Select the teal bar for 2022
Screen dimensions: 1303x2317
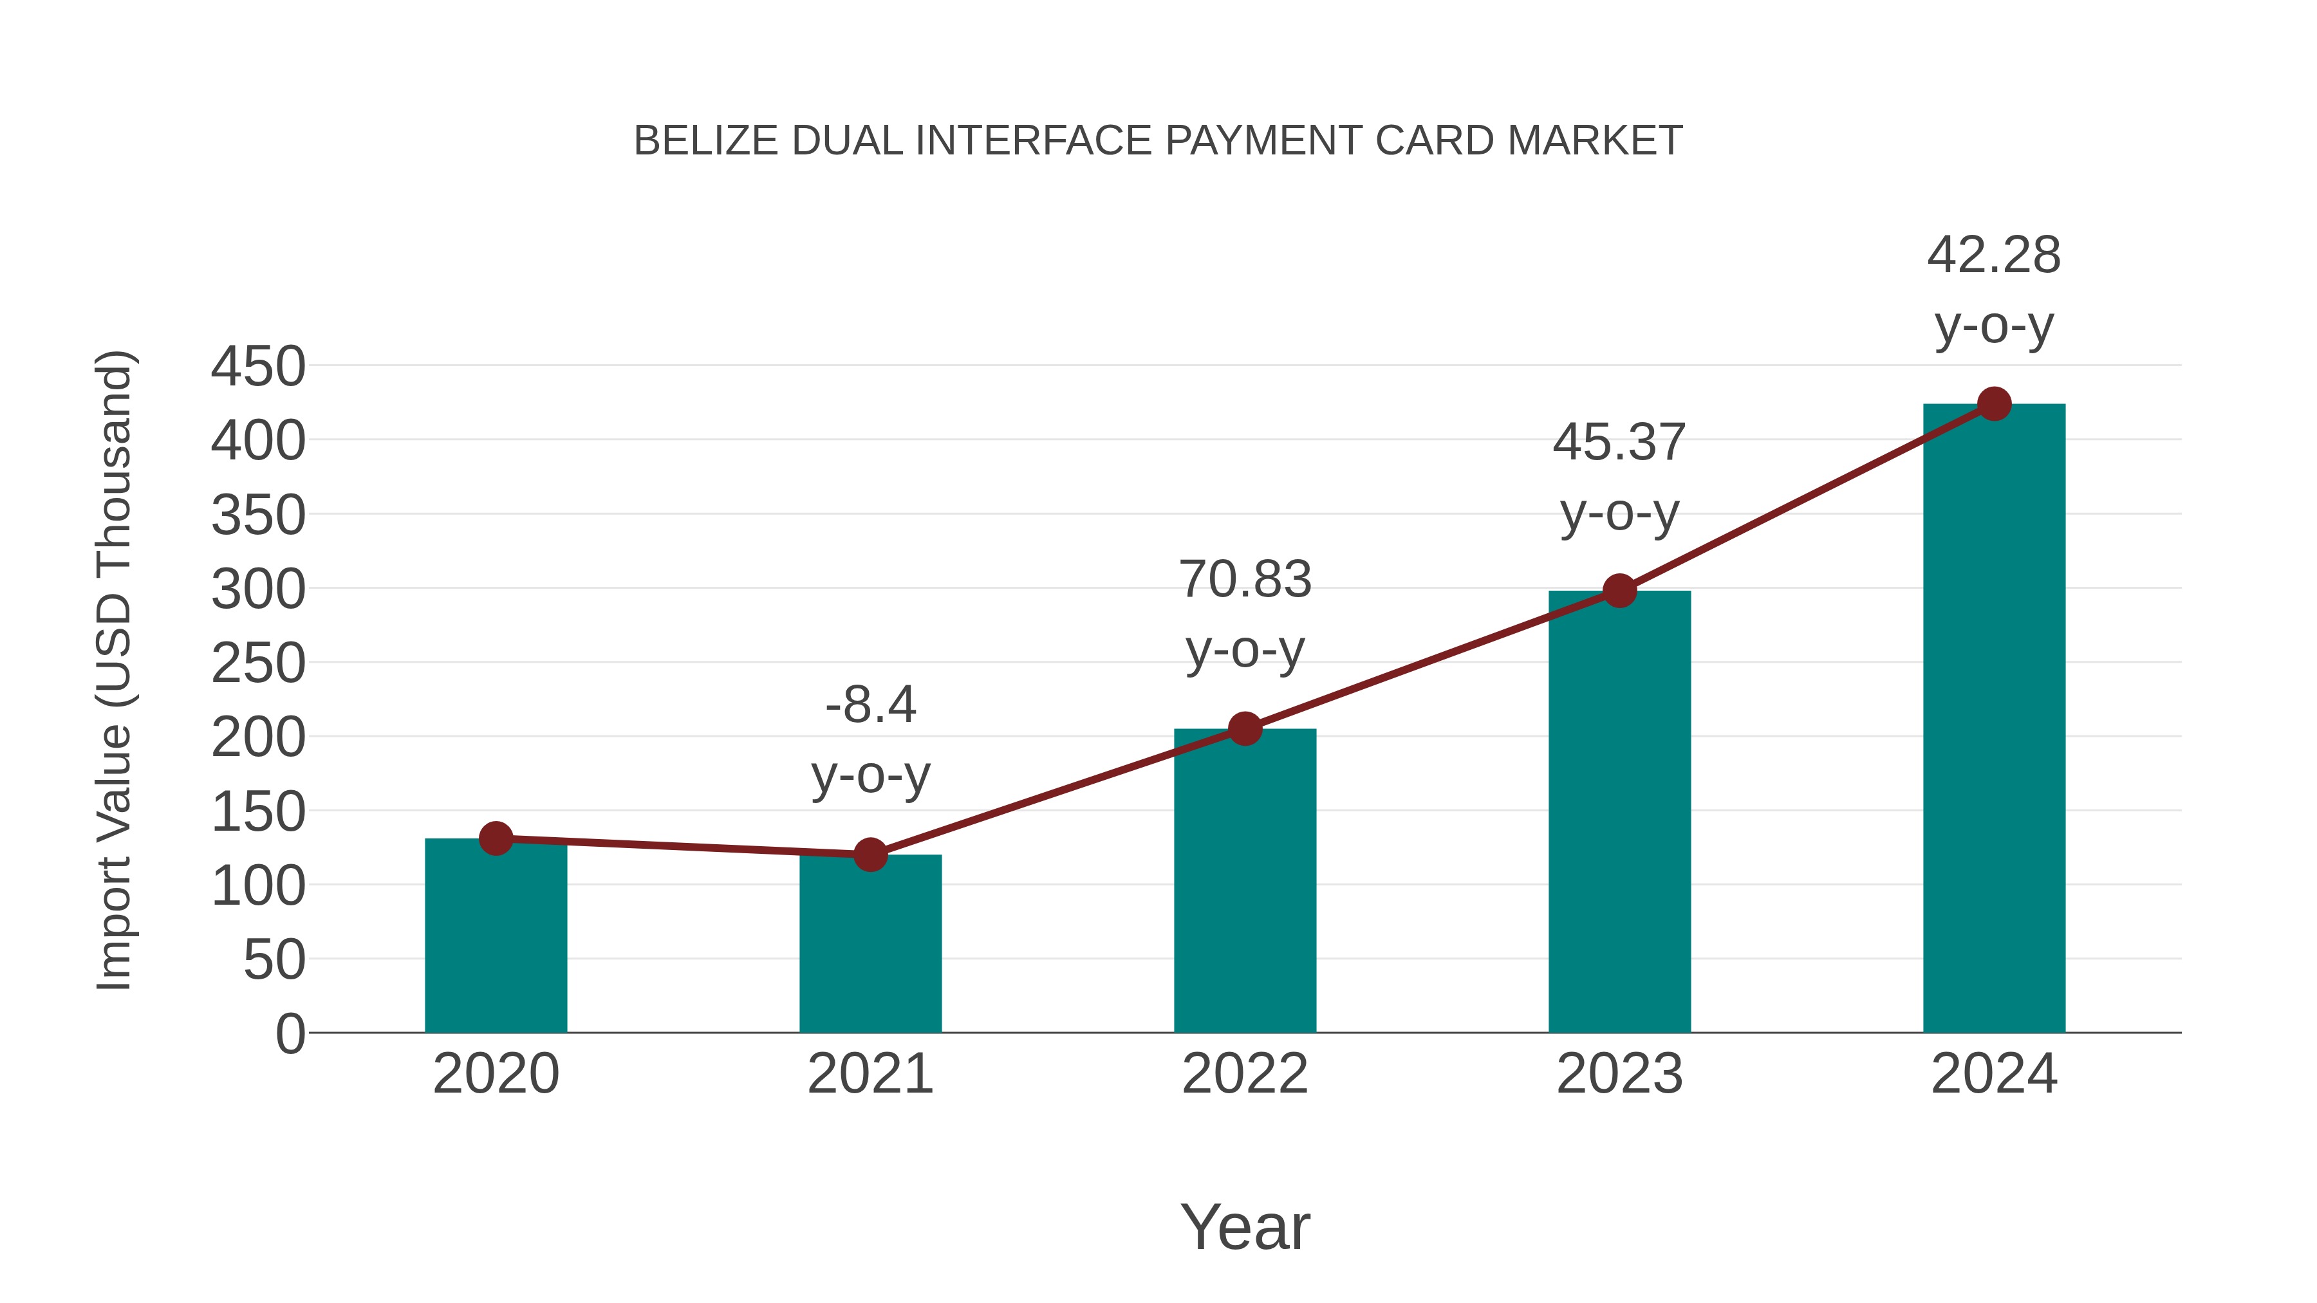click(1245, 886)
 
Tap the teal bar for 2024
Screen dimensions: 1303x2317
click(1994, 719)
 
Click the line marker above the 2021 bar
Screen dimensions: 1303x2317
click(870, 855)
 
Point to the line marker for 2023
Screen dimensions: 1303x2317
click(1619, 591)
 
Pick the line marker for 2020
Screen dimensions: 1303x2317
click(496, 838)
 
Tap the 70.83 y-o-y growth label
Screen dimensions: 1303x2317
click(1245, 615)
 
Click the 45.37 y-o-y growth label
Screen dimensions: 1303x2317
click(1619, 477)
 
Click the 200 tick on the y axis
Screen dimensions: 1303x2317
click(258, 738)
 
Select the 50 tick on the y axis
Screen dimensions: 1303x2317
click(274, 961)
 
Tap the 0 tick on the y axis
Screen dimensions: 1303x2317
click(290, 1034)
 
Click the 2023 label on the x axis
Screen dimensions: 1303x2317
click(1619, 1074)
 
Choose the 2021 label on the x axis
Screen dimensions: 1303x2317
click(870, 1074)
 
